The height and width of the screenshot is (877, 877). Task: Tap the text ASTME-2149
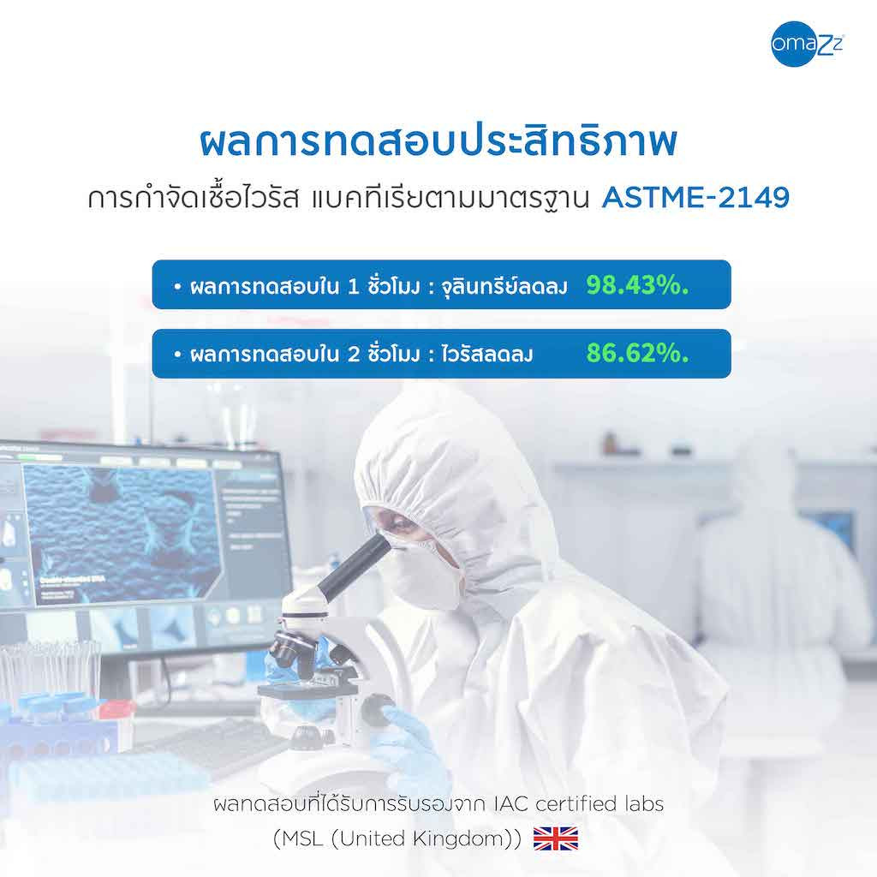click(695, 198)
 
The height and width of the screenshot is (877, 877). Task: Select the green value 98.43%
click(637, 285)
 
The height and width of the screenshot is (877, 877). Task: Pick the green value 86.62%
click(637, 353)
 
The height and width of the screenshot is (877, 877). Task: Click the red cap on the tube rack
click(116, 710)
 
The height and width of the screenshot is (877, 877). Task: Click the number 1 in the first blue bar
click(353, 287)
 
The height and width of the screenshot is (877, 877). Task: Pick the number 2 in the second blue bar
click(354, 355)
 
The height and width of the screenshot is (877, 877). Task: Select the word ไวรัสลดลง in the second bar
click(486, 355)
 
